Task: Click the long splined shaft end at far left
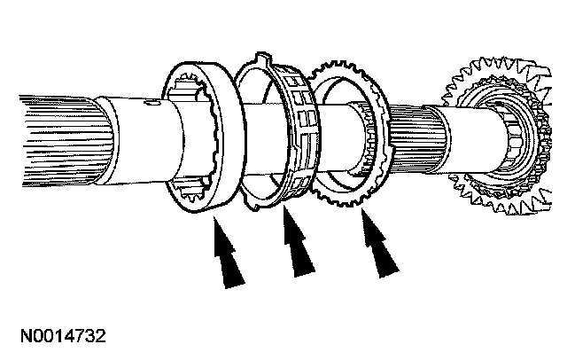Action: [44, 125]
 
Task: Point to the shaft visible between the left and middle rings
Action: [257, 133]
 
